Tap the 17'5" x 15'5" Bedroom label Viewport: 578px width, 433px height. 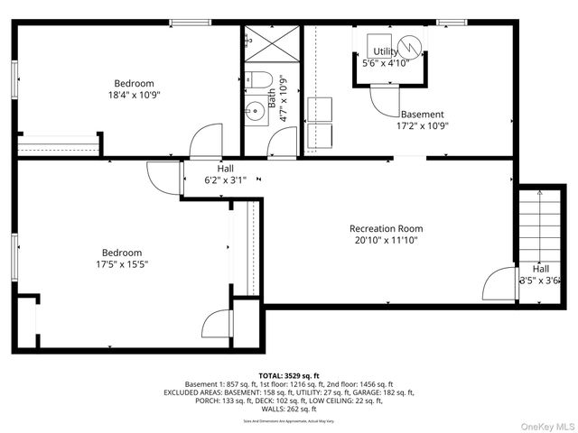click(x=121, y=258)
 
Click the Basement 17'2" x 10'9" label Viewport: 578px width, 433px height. click(x=422, y=120)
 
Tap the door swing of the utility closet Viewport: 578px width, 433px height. click(x=385, y=97)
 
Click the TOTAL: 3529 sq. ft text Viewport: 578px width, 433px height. click(x=288, y=375)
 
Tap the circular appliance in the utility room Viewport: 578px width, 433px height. click(x=411, y=43)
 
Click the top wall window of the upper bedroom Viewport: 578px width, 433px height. click(x=185, y=23)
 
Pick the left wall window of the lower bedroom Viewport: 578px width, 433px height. click(x=15, y=257)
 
